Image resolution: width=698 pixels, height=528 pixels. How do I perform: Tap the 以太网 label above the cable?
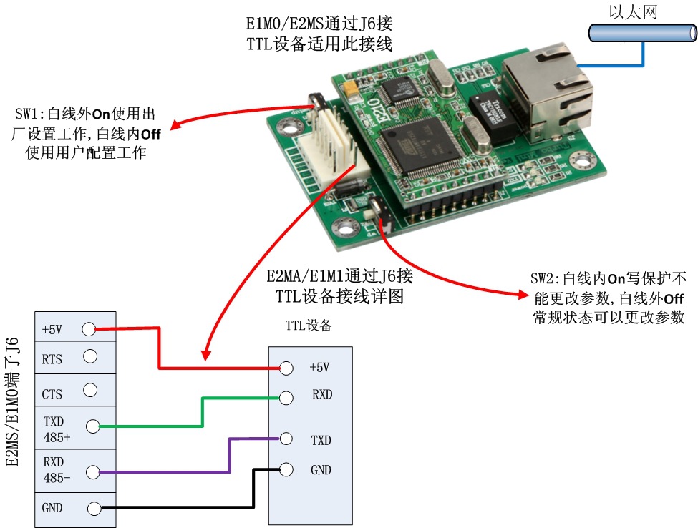[x=631, y=11]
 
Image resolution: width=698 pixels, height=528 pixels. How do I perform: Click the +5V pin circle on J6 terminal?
[x=89, y=329]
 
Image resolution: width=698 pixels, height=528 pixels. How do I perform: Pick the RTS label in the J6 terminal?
[x=52, y=359]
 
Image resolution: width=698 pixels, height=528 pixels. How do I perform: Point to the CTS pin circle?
[x=89, y=390]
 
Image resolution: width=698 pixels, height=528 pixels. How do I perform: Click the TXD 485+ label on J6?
[x=57, y=426]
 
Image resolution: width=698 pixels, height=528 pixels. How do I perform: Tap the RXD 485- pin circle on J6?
[x=91, y=471]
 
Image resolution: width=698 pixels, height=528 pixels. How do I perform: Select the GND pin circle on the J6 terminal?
[x=94, y=509]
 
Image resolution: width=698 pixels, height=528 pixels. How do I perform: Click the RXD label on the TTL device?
[x=322, y=394]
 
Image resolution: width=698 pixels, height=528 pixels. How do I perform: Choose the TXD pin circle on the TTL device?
[x=286, y=438]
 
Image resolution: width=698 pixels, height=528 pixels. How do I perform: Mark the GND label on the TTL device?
[x=321, y=470]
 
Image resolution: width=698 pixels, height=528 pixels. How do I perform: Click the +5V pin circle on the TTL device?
[x=286, y=368]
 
